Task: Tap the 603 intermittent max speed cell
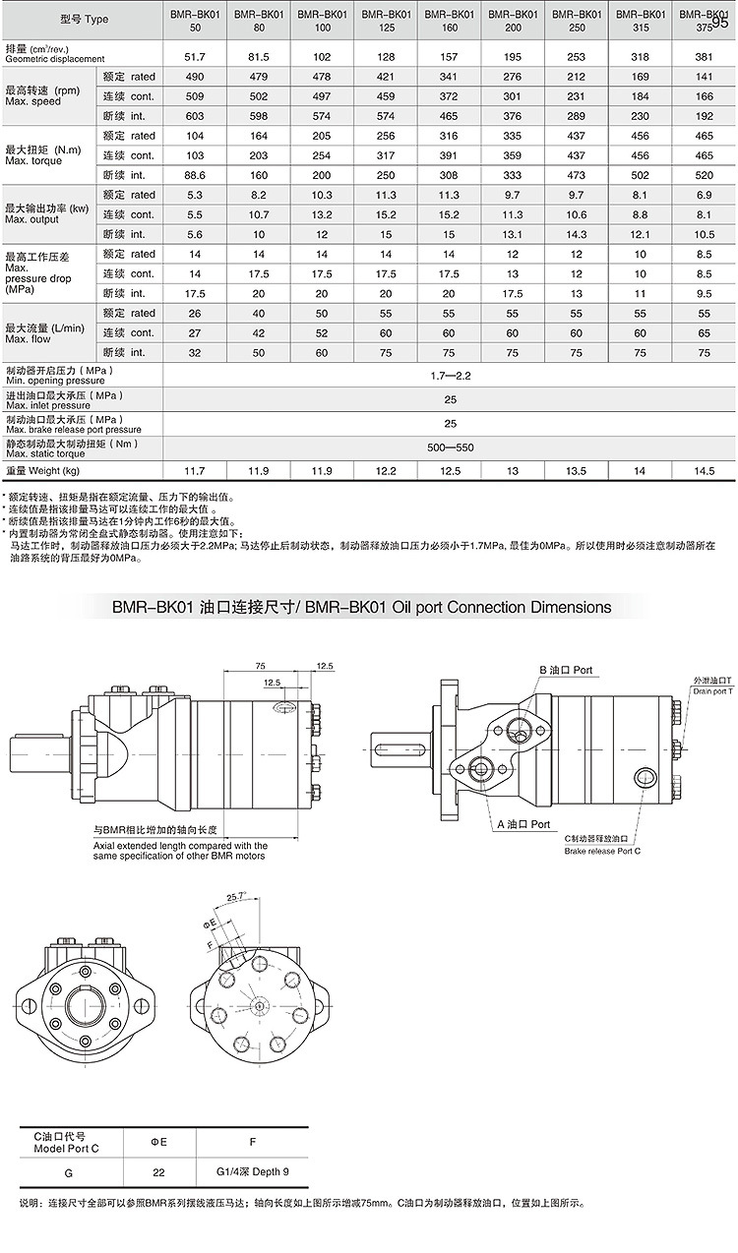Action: coord(193,115)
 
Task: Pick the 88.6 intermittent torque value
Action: coord(193,175)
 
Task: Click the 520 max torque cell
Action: coord(703,175)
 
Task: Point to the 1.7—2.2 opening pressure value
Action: coord(449,376)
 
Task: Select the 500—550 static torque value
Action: coord(449,447)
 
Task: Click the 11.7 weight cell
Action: coord(193,471)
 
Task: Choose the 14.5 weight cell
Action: coord(703,471)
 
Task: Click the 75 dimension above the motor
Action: coord(260,665)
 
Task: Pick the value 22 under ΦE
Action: coord(158,1172)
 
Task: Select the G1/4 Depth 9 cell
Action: coord(253,1172)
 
